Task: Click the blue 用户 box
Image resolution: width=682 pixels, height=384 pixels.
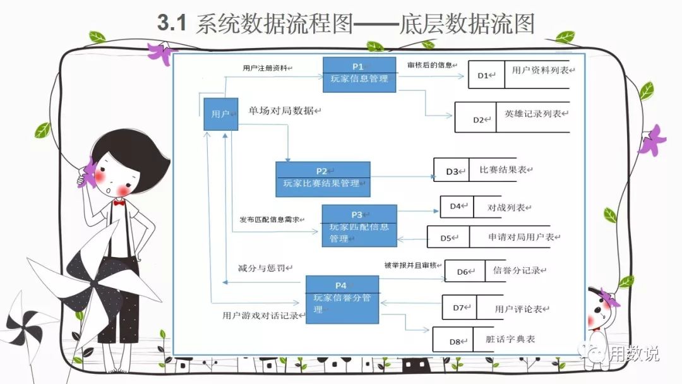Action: coord(220,114)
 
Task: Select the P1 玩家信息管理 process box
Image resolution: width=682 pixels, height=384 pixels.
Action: coord(360,75)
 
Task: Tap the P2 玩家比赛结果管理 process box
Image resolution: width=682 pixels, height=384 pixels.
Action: coord(322,179)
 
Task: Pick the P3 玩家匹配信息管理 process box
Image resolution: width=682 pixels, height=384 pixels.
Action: coord(359,225)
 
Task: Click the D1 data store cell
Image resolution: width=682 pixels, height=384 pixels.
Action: coord(485,75)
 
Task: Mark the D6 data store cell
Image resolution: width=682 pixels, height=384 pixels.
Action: coord(465,272)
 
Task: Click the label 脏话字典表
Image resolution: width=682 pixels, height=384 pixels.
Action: coord(511,340)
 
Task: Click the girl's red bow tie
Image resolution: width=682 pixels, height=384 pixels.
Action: coord(119,203)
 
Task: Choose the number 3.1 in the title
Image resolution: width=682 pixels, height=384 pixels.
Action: coord(172,24)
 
